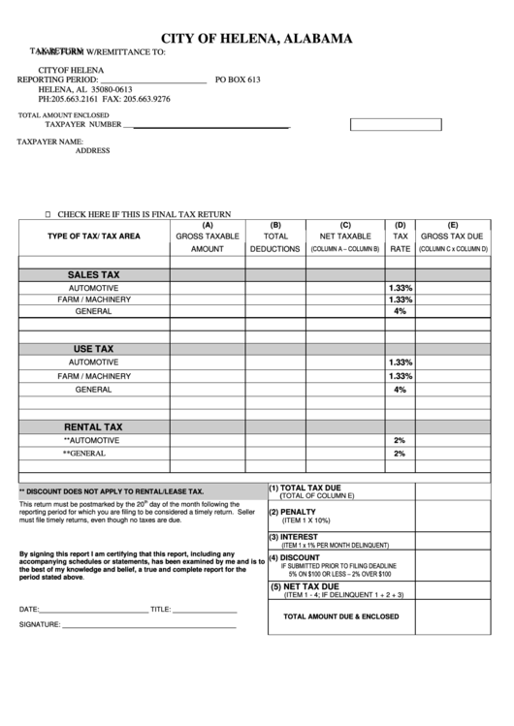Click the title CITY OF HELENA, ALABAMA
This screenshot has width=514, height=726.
click(x=256, y=39)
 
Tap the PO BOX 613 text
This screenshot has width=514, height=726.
click(x=238, y=79)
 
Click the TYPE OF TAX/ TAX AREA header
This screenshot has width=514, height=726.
click(x=94, y=236)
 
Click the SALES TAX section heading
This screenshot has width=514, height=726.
click(x=93, y=275)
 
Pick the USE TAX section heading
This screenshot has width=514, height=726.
click(x=93, y=348)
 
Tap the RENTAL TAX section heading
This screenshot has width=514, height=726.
click(x=93, y=426)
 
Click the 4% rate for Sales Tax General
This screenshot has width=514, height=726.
click(x=400, y=312)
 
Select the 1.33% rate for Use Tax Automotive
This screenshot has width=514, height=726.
click(x=400, y=362)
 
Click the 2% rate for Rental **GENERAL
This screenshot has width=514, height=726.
click(x=400, y=454)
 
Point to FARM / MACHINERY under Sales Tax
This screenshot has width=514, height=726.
click(x=93, y=300)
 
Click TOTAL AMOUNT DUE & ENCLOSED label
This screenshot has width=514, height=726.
click(x=340, y=616)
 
